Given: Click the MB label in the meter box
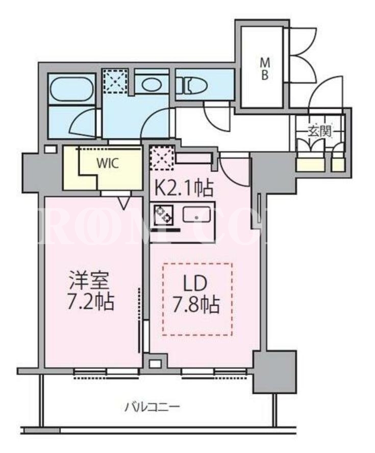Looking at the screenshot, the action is pos(264,69).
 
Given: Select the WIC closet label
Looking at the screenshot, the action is pos(108,164).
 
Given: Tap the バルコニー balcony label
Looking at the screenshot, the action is pos(153,408).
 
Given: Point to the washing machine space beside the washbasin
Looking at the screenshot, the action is pos(115,82).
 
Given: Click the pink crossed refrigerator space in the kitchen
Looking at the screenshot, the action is pos(162,158).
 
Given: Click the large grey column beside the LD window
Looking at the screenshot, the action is pos(274,372).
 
